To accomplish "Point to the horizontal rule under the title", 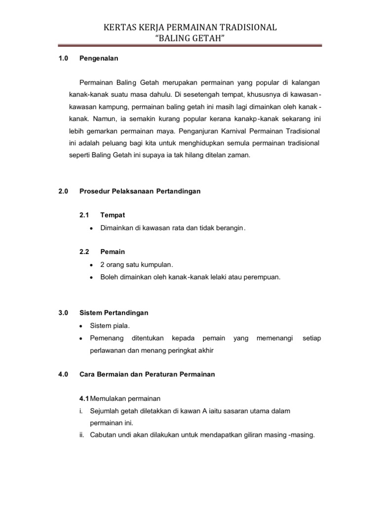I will (x=189, y=46).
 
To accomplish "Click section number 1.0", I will (x=63, y=58).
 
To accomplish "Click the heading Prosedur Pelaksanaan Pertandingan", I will (x=140, y=191).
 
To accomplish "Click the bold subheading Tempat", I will (x=113, y=215).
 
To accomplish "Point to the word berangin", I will (x=231, y=228).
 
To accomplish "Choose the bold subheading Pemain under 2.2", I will (x=113, y=252).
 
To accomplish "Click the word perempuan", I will (x=263, y=277).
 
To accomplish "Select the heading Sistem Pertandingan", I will (x=114, y=313).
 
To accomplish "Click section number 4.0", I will (x=63, y=374).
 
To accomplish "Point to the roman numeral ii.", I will (x=82, y=435).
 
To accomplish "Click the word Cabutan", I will (x=104, y=435).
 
